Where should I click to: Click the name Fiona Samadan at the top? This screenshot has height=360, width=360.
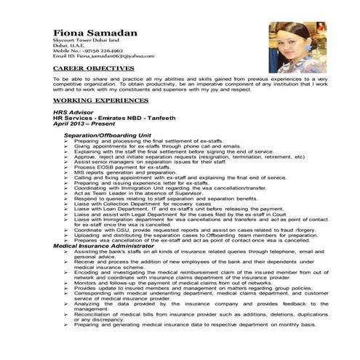[95, 33]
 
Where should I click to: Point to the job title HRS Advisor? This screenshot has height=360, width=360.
[74, 113]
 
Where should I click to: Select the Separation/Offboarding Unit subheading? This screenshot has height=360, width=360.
[107, 135]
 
